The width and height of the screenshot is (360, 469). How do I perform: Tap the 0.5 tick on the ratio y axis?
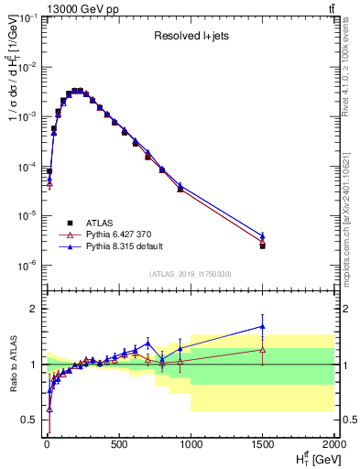[29, 420]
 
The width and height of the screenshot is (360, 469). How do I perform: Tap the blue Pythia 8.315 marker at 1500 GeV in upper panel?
[262, 235]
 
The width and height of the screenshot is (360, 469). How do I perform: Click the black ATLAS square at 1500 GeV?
[262, 245]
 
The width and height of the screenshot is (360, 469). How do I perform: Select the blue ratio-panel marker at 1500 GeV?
[262, 326]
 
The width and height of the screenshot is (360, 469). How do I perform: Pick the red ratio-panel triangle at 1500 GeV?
[262, 349]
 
